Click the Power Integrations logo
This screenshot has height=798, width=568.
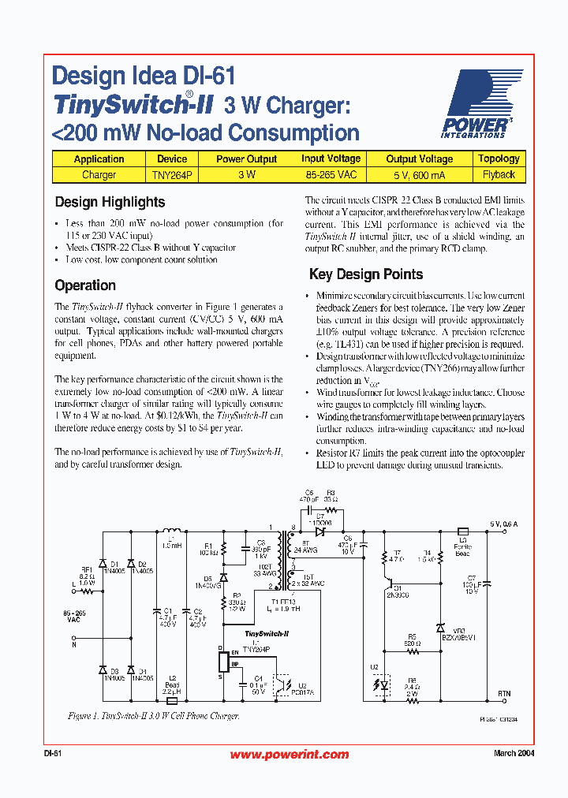480,103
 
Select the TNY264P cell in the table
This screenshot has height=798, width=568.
172,174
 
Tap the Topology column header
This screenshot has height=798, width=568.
499,158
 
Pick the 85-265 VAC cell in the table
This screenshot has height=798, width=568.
331,174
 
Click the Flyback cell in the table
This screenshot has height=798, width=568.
499,174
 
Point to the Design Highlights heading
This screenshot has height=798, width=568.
110,202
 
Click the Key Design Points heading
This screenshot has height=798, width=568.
365,274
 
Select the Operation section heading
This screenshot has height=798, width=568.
85,285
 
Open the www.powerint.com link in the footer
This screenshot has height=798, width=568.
289,755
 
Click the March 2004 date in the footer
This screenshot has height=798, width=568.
514,754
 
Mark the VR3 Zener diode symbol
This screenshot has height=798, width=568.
440,628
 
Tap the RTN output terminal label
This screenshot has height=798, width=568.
504,693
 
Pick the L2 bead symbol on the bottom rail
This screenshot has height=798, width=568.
171,699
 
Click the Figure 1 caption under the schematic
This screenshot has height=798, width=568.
153,716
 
